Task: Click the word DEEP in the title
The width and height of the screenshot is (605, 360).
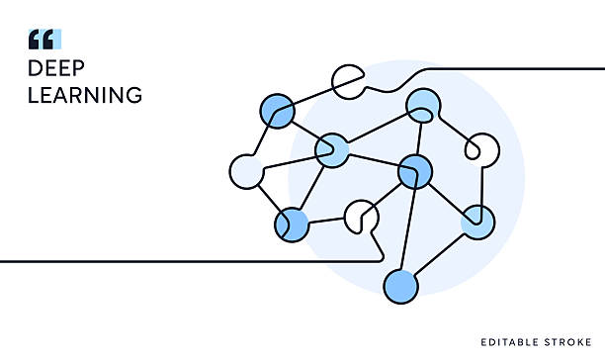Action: (x=55, y=69)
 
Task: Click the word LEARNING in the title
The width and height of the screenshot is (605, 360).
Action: (x=85, y=96)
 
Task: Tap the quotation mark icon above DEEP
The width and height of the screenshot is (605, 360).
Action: (x=44, y=40)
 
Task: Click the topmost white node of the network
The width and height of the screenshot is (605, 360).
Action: (x=348, y=82)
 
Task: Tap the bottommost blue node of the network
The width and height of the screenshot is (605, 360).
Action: (x=400, y=287)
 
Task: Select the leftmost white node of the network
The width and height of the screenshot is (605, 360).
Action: (x=245, y=171)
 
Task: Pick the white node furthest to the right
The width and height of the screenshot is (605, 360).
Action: (x=481, y=150)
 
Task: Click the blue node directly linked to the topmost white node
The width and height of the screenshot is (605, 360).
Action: (x=277, y=111)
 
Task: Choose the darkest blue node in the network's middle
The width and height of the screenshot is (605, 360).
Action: (x=415, y=171)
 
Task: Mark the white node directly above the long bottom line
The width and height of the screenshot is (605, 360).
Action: (x=361, y=217)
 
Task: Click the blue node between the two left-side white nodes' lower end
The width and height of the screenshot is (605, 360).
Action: (x=292, y=225)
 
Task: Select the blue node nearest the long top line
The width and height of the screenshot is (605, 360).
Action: (x=423, y=105)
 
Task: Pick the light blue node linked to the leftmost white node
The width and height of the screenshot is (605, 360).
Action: (x=331, y=150)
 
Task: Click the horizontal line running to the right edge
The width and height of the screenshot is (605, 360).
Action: (x=534, y=70)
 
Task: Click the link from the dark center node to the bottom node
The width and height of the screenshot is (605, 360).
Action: (x=408, y=227)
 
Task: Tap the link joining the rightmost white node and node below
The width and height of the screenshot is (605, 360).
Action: (x=483, y=186)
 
